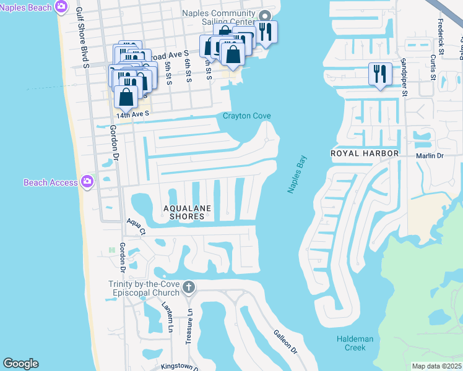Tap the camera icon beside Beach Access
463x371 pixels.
pos(87,182)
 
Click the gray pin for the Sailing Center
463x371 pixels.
pos(264,17)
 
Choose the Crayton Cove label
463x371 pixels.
pos(246,116)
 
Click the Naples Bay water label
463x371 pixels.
pos(297,175)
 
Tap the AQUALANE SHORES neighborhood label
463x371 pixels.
pos(183,212)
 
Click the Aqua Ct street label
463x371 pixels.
pos(136,227)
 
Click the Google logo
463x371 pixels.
pos(20,364)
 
